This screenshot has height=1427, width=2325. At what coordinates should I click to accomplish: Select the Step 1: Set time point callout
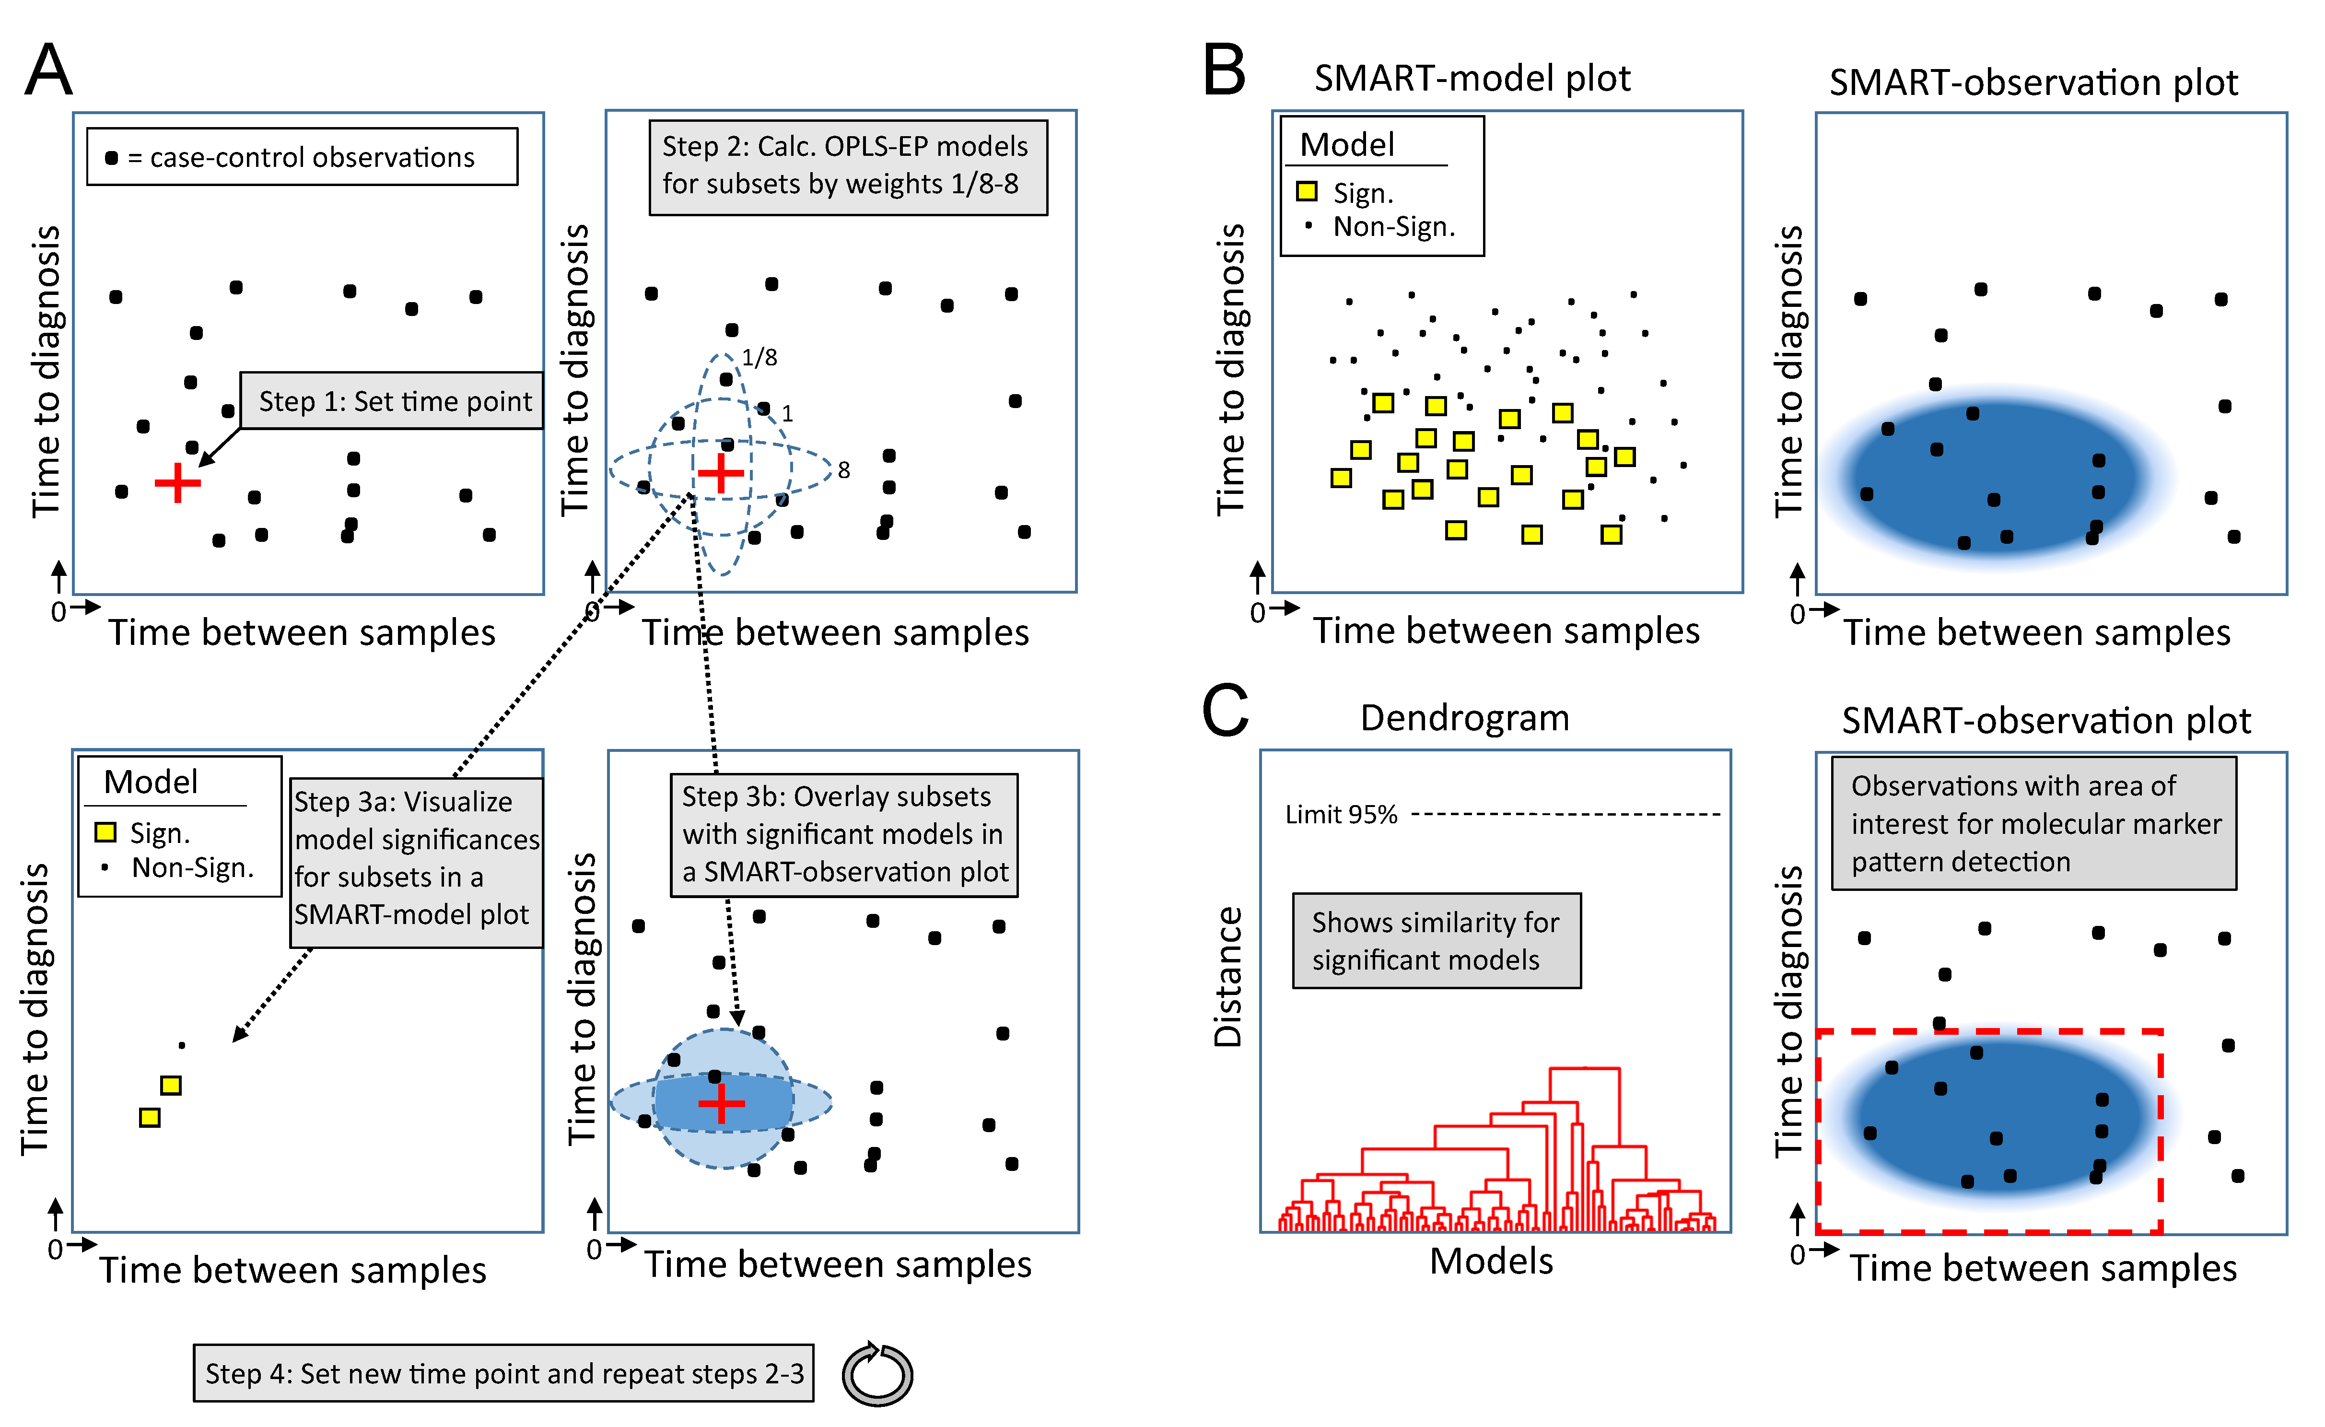click(x=393, y=401)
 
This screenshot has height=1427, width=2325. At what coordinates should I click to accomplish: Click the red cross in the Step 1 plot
click(x=177, y=483)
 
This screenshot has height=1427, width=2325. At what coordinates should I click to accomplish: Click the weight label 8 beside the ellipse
click(x=843, y=470)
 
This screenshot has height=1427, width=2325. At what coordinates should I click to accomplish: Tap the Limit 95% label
click(x=1341, y=815)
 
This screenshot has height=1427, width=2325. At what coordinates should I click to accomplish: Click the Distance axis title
click(x=1227, y=977)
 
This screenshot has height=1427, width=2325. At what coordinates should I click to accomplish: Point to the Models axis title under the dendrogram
click(x=1491, y=1261)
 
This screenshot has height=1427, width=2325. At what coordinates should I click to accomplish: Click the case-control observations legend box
click(x=302, y=157)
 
